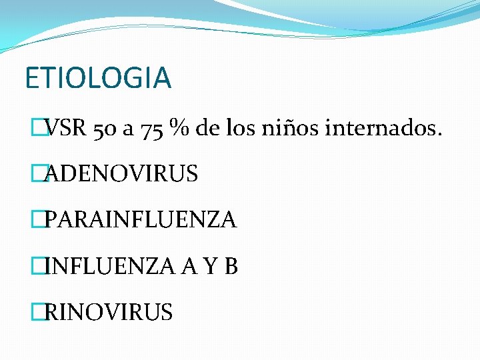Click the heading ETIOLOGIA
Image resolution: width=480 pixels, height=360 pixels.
click(x=98, y=77)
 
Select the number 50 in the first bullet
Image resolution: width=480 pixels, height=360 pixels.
click(x=105, y=128)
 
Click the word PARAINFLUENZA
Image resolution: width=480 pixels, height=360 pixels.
click(x=141, y=220)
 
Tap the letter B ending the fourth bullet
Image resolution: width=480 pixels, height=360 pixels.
click(x=231, y=266)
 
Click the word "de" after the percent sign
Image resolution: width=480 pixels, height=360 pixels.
click(x=208, y=128)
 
